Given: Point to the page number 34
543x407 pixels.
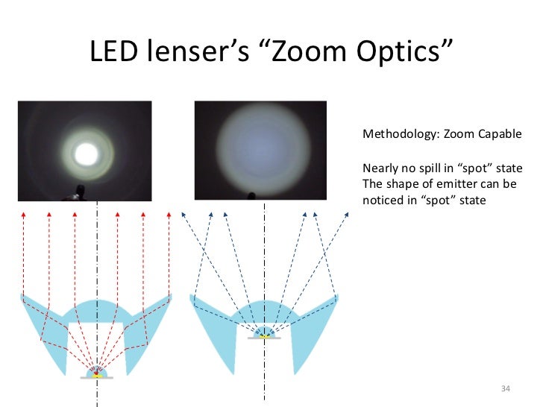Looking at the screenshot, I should pyautogui.click(x=505, y=389).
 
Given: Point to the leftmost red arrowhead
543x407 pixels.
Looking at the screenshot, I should pyautogui.click(x=24, y=215).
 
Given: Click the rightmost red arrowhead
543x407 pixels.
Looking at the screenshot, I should pyautogui.click(x=169, y=215).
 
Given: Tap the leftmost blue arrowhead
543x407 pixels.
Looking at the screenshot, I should pyautogui.click(x=182, y=215).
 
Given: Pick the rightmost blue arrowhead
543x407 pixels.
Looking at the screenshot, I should pyautogui.click(x=347, y=215).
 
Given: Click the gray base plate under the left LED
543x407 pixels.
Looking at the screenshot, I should pyautogui.click(x=96, y=379).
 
